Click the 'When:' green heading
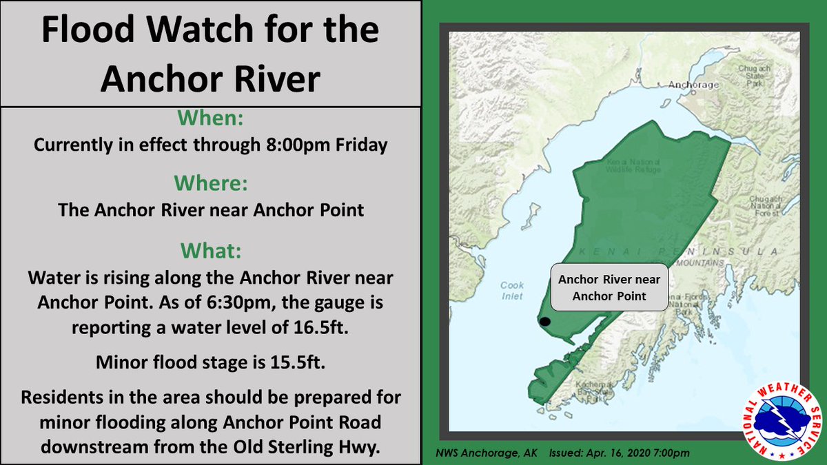click(x=210, y=118)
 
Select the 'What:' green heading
click(x=210, y=249)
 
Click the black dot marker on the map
click(x=545, y=322)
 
